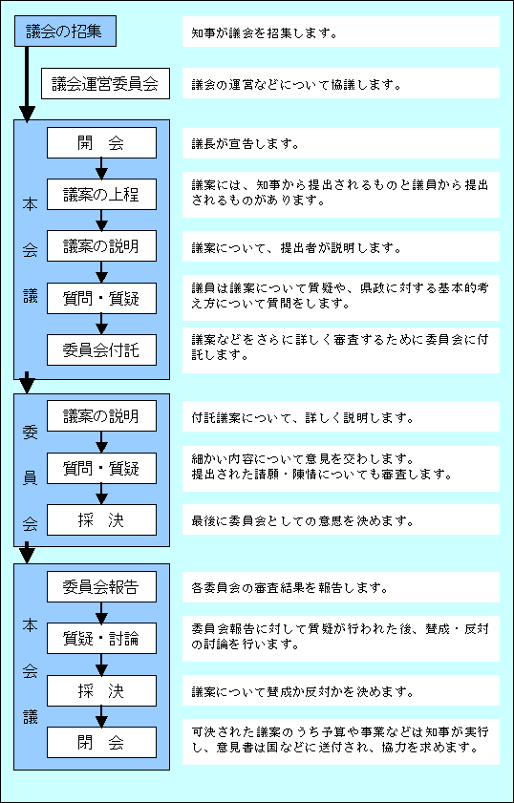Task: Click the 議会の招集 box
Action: click(x=65, y=31)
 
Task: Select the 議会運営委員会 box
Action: click(x=105, y=83)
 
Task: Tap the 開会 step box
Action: click(x=101, y=143)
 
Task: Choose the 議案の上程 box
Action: click(x=101, y=194)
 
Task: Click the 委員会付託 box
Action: click(x=101, y=349)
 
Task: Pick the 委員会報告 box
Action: click(x=101, y=587)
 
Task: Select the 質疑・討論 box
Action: click(x=101, y=638)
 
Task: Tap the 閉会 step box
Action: click(x=101, y=742)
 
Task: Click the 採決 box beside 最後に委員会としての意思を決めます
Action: click(x=101, y=519)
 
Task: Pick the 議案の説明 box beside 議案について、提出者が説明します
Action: click(x=101, y=246)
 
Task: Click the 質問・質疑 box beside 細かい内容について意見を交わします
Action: click(x=101, y=468)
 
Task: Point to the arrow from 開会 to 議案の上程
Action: click(x=101, y=168)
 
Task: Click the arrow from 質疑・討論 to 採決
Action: click(x=101, y=665)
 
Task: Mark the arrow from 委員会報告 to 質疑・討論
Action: click(x=101, y=612)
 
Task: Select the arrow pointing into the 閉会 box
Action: click(x=101, y=716)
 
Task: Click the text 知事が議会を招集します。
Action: click(x=264, y=33)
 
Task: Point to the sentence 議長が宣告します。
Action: click(x=245, y=144)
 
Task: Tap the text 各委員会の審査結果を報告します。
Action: click(x=289, y=587)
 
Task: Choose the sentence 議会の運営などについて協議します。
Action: click(x=295, y=84)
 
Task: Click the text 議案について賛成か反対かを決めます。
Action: click(x=302, y=692)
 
